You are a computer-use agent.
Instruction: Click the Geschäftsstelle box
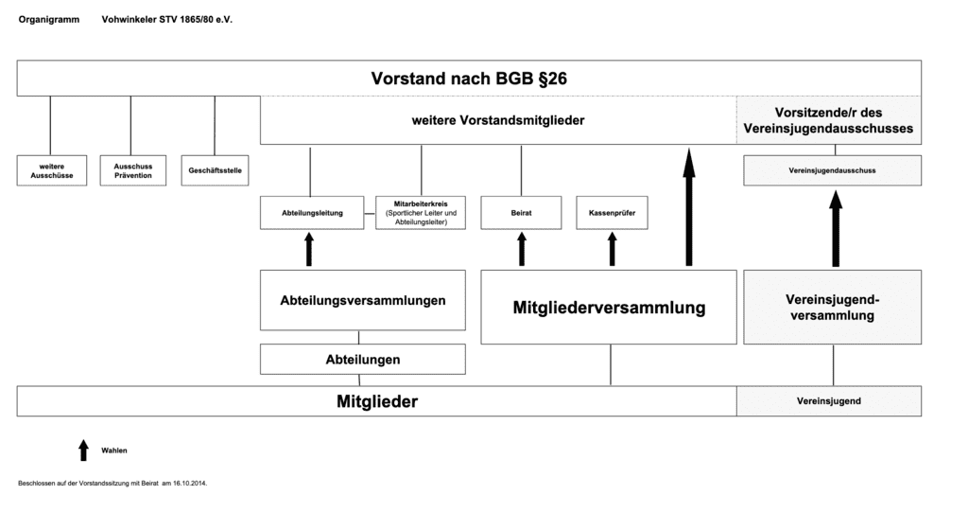(215, 170)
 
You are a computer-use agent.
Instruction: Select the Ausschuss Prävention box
(132, 170)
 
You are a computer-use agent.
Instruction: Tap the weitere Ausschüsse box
(52, 170)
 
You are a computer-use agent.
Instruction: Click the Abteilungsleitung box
(311, 213)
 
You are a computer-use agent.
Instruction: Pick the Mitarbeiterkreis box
(422, 213)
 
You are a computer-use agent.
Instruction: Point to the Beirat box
(521, 213)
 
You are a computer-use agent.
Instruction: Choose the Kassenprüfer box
(612, 213)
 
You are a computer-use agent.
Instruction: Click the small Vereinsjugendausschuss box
(832, 170)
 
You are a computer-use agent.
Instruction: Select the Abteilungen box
(363, 360)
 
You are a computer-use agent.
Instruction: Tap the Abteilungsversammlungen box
(363, 300)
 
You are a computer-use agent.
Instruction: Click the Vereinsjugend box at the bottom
(829, 401)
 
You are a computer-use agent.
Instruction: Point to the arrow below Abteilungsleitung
(309, 250)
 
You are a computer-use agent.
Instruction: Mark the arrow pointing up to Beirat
(521, 250)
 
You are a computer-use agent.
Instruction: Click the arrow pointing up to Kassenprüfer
(612, 250)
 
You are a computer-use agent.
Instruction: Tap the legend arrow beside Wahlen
(83, 449)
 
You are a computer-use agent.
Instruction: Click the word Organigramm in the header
(49, 19)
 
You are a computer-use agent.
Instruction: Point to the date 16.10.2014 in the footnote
(189, 483)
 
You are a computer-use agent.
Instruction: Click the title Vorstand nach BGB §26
(469, 79)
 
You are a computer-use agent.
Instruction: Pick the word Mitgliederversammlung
(609, 308)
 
